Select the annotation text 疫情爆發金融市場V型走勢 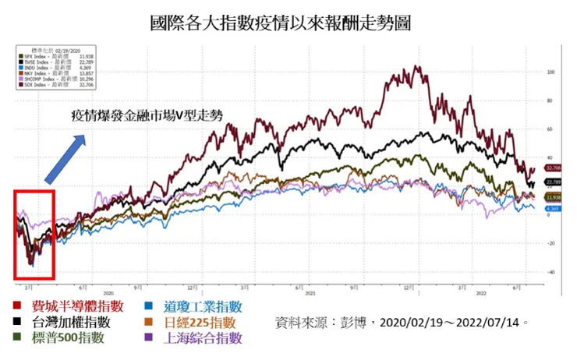(x=147, y=115)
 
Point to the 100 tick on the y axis (x=550, y=72)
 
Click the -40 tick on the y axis (x=550, y=272)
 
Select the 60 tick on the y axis (x=550, y=129)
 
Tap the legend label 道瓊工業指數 (x=203, y=307)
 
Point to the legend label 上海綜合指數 (x=203, y=338)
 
